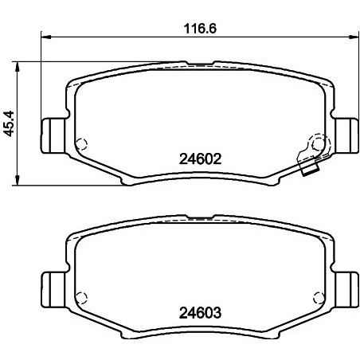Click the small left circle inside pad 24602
click(80, 144)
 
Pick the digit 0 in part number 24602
click(205, 158)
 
